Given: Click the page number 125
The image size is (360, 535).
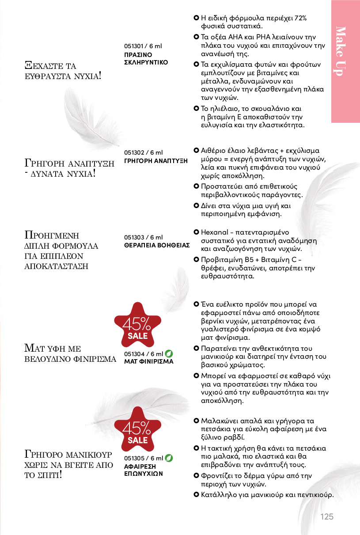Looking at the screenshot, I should pyautogui.click(x=327, y=517).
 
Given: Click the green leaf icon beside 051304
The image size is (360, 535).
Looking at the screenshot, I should pyautogui.click(x=169, y=354).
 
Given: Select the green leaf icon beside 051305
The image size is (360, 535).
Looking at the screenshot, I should pyautogui.click(x=169, y=458).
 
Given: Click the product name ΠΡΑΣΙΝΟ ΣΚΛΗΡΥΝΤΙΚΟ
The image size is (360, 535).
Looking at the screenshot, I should pyautogui.click(x=146, y=58).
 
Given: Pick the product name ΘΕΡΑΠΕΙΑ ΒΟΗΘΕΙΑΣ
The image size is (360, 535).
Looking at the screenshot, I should pyautogui.click(x=157, y=245).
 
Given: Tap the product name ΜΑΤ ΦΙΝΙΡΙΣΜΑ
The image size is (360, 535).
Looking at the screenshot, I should pyautogui.click(x=149, y=361).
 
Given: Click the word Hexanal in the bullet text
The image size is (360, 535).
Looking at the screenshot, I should pyautogui.click(x=213, y=232).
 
